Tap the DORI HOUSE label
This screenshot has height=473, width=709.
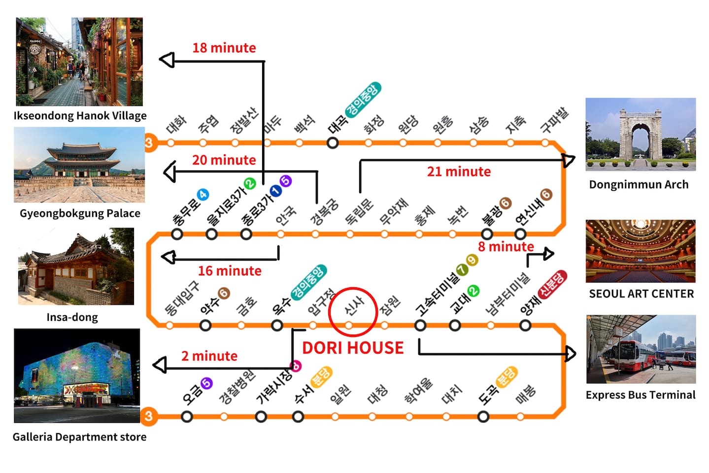(353, 348)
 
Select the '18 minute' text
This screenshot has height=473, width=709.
(224, 48)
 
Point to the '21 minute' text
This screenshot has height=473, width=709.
(459, 171)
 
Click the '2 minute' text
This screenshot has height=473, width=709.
(209, 356)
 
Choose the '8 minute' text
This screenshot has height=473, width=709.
(506, 246)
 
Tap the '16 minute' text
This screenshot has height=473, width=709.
(230, 270)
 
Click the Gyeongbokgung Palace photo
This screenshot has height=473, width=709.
(79, 165)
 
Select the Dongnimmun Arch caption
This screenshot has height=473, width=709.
(639, 185)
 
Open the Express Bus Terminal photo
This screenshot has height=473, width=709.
(641, 349)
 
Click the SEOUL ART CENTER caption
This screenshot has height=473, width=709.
(641, 294)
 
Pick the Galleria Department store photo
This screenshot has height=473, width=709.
(77, 375)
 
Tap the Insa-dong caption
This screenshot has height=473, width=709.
(72, 317)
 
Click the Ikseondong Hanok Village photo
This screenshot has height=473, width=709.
(79, 62)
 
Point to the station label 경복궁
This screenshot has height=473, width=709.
(324, 212)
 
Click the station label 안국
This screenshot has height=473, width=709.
(286, 215)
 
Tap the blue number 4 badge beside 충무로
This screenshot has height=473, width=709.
(203, 195)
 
